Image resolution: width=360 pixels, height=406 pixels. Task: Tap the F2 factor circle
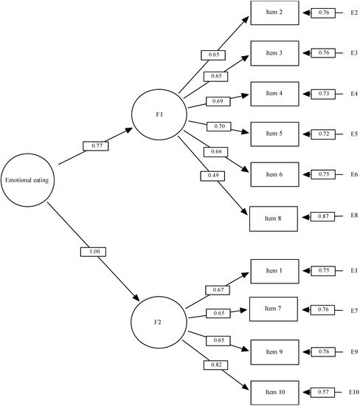coord(159,322)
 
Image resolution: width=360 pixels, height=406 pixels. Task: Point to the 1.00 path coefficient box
coord(94,252)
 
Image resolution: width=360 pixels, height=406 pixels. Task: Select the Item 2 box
coord(275,13)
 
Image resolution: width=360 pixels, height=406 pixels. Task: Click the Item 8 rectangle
coord(275,219)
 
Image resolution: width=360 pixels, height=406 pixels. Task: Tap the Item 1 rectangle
coord(275,271)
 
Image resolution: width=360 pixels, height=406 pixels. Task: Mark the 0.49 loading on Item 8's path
coord(208,176)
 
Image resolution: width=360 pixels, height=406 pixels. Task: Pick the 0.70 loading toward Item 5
coord(219,126)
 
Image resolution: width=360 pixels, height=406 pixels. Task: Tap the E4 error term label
coord(353,94)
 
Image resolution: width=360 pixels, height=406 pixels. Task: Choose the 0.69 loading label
coord(215,100)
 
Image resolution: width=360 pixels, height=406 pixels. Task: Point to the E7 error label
coord(353,310)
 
